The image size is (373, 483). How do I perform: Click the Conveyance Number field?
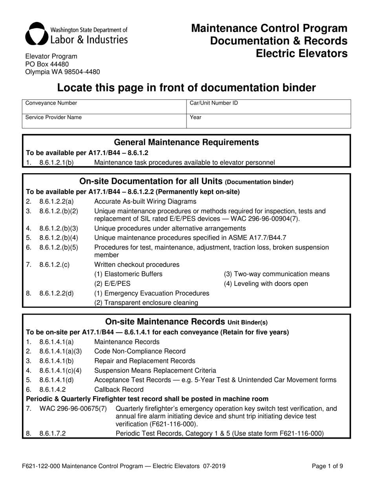pyautogui.click(x=104, y=106)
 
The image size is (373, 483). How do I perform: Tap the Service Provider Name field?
pyautogui.click(x=104, y=121)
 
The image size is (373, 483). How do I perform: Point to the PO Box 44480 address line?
pyautogui.click(x=47, y=64)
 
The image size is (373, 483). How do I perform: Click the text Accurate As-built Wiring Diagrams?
pyautogui.click(x=145, y=201)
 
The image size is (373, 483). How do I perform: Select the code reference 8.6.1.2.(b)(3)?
pyautogui.click(x=59, y=228)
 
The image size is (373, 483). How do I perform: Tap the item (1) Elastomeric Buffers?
pyautogui.click(x=128, y=274)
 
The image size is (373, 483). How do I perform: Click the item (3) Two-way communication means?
pyautogui.click(x=276, y=274)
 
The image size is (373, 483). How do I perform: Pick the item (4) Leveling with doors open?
pyautogui.click(x=266, y=284)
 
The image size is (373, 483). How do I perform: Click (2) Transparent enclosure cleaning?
pyautogui.click(x=146, y=302)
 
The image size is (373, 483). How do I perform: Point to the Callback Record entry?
pyautogui.click(x=119, y=390)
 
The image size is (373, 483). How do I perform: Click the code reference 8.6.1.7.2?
pyautogui.click(x=53, y=434)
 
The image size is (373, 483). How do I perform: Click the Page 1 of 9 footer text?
pyautogui.click(x=327, y=467)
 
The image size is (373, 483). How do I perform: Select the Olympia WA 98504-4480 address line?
pyautogui.click(x=62, y=72)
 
